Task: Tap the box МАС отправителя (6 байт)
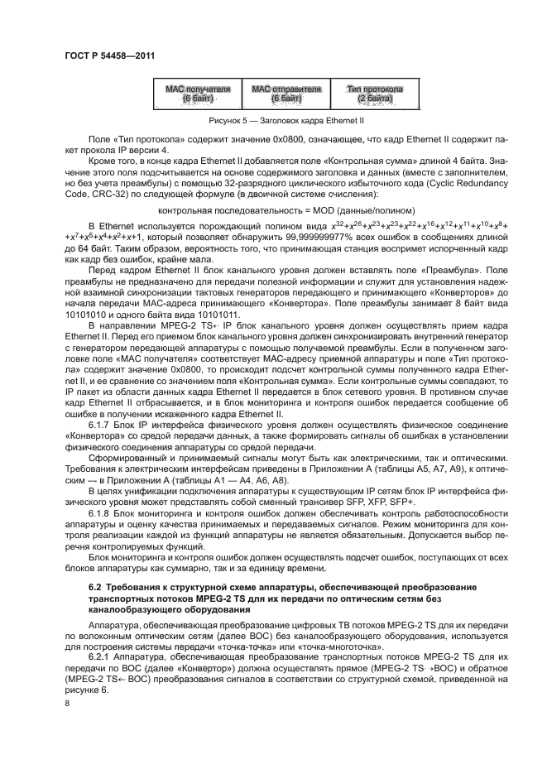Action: tap(285, 94)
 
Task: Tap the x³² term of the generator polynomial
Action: tap(338, 225)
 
